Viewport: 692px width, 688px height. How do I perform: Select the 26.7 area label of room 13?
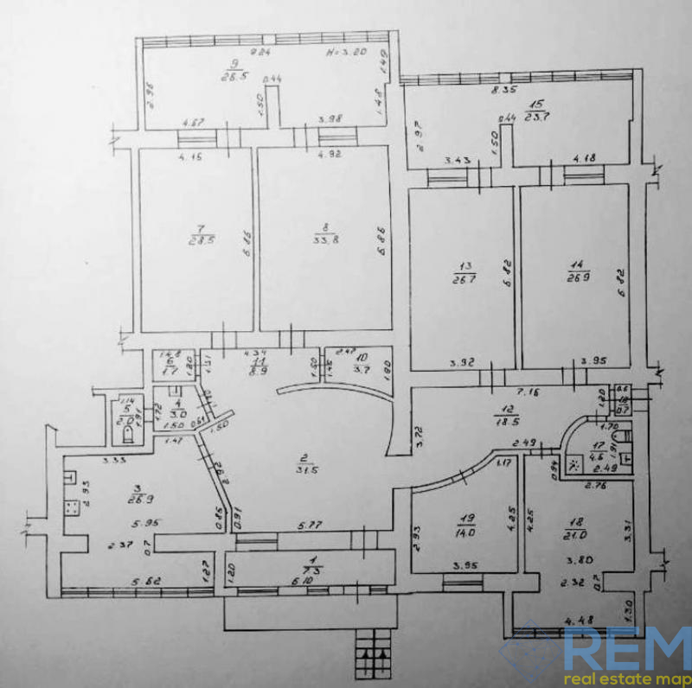point(460,278)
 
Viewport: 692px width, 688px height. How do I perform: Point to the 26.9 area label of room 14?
point(572,278)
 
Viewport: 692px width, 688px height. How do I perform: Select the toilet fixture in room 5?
point(126,433)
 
